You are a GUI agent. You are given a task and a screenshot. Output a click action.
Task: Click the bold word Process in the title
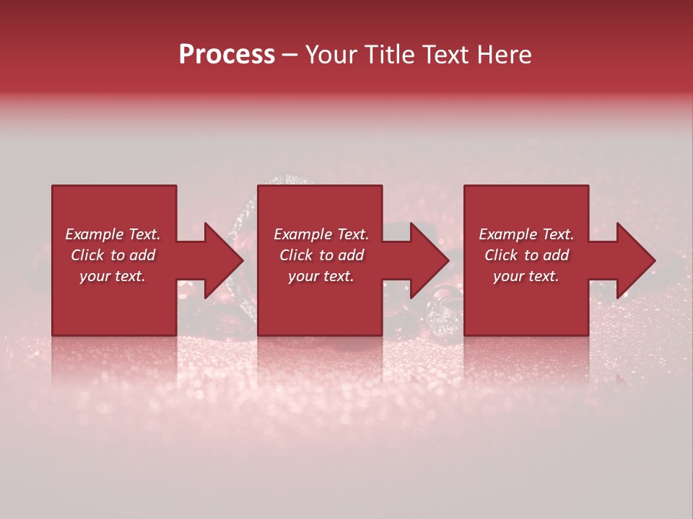[x=227, y=55]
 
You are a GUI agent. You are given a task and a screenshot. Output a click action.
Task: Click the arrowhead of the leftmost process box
[x=223, y=260]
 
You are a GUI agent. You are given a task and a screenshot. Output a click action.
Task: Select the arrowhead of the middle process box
[x=429, y=260]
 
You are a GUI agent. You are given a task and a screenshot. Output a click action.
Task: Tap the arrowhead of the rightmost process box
[x=635, y=260]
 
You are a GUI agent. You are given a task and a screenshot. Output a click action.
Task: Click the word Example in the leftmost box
[x=92, y=234]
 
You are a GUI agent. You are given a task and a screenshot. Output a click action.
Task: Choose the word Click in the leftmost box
[x=87, y=255]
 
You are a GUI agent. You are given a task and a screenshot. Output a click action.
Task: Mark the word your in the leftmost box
[x=94, y=277]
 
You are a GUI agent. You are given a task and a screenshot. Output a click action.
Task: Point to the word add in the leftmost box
[x=141, y=255]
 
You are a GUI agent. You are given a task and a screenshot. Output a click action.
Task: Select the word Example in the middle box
[x=301, y=234]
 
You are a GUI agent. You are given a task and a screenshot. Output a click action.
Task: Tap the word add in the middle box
[x=350, y=255]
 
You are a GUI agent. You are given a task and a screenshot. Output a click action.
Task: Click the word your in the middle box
[x=302, y=277]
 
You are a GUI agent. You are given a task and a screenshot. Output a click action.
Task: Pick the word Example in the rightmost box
[x=506, y=234]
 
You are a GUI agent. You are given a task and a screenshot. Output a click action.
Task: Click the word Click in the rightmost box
[x=501, y=255]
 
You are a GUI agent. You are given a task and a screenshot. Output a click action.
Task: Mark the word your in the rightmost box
[x=507, y=277]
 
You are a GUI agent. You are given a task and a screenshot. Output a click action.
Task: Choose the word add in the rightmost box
[x=555, y=255]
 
